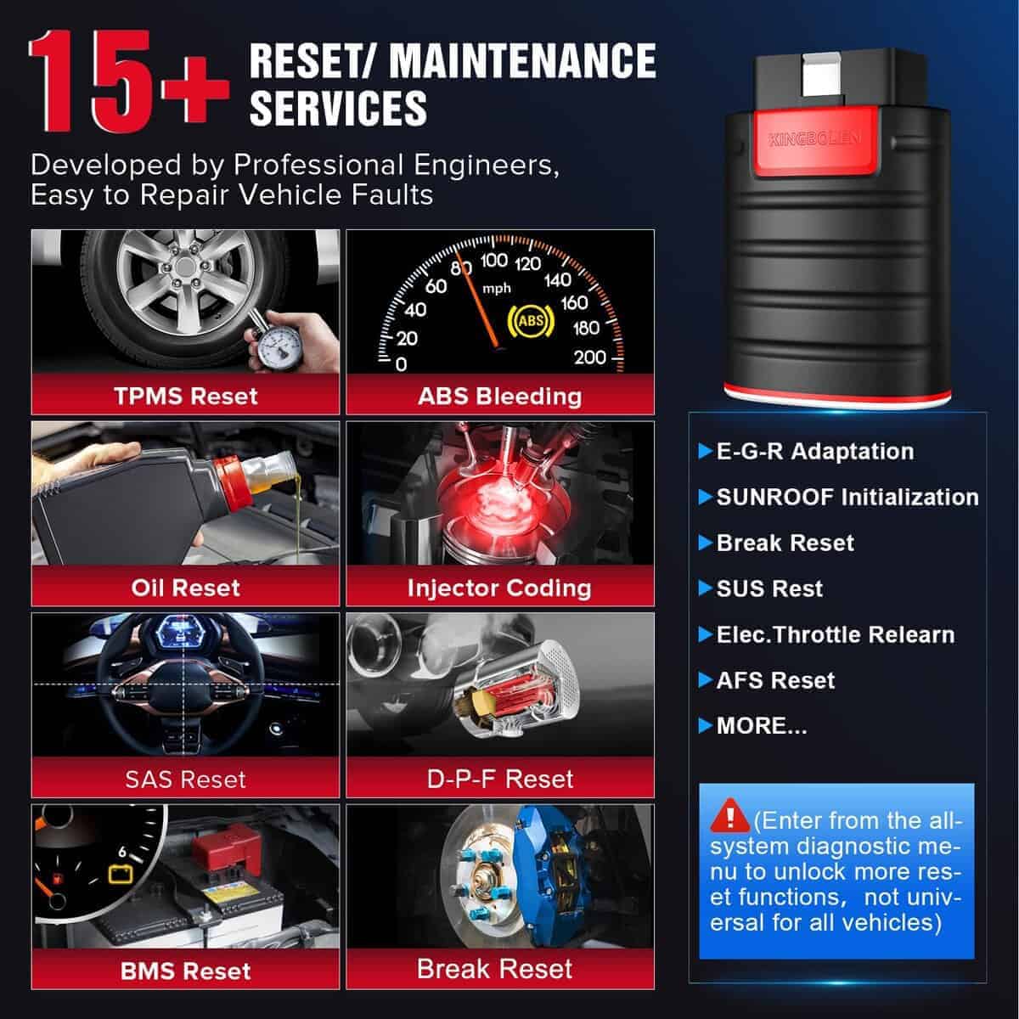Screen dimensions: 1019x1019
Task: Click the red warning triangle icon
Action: click(x=729, y=815)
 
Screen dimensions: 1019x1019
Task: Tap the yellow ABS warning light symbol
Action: click(x=531, y=320)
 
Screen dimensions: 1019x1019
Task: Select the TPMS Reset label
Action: click(x=186, y=396)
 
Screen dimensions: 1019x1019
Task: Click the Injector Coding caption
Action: click(x=499, y=588)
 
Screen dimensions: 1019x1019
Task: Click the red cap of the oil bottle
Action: click(x=232, y=482)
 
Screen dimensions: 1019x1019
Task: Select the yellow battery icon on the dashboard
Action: click(x=120, y=874)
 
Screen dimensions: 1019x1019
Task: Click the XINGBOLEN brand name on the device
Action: click(x=814, y=139)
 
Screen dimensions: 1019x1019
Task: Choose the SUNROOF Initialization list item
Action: click(x=847, y=497)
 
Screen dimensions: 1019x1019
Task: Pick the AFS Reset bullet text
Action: click(x=775, y=680)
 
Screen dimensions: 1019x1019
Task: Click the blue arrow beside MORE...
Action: click(x=706, y=725)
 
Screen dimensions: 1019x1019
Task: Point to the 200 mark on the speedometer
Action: click(x=590, y=357)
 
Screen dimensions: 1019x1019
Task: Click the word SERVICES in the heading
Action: click(x=338, y=108)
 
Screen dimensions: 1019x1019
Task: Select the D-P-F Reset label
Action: click(x=499, y=779)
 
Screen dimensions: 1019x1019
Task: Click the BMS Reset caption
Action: click(x=186, y=971)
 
